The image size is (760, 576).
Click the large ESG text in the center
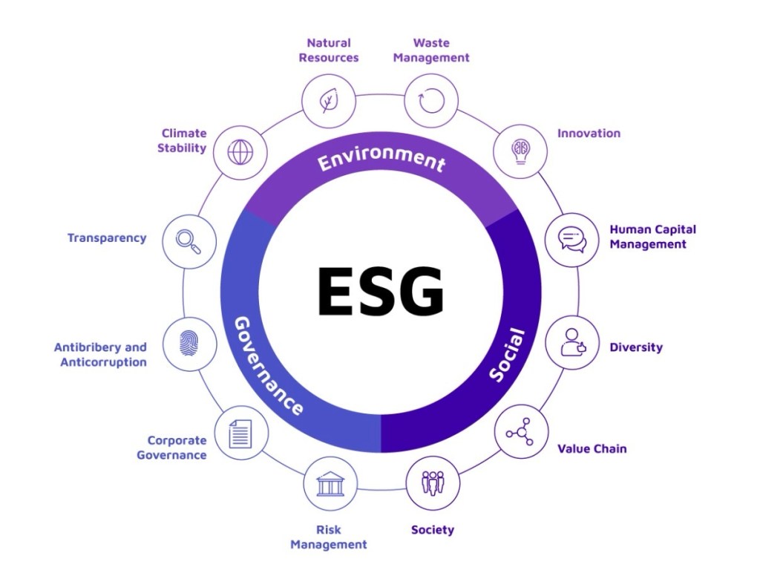point(380,290)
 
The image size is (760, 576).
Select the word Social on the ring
point(508,355)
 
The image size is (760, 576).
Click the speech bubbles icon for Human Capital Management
point(571,239)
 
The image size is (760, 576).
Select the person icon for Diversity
point(572,343)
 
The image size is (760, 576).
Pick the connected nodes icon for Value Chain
point(521,432)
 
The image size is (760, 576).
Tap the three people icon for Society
point(433,483)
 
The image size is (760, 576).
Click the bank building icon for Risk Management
point(330,483)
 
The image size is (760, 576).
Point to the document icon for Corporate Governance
point(240,433)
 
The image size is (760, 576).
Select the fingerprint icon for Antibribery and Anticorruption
point(189,344)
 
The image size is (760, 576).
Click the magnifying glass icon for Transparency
point(189,240)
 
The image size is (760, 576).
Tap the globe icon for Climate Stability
point(240,151)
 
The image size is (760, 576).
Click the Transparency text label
point(107,238)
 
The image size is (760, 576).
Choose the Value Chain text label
point(592,449)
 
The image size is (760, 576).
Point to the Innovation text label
point(589,134)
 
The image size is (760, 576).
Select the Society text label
point(433,530)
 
